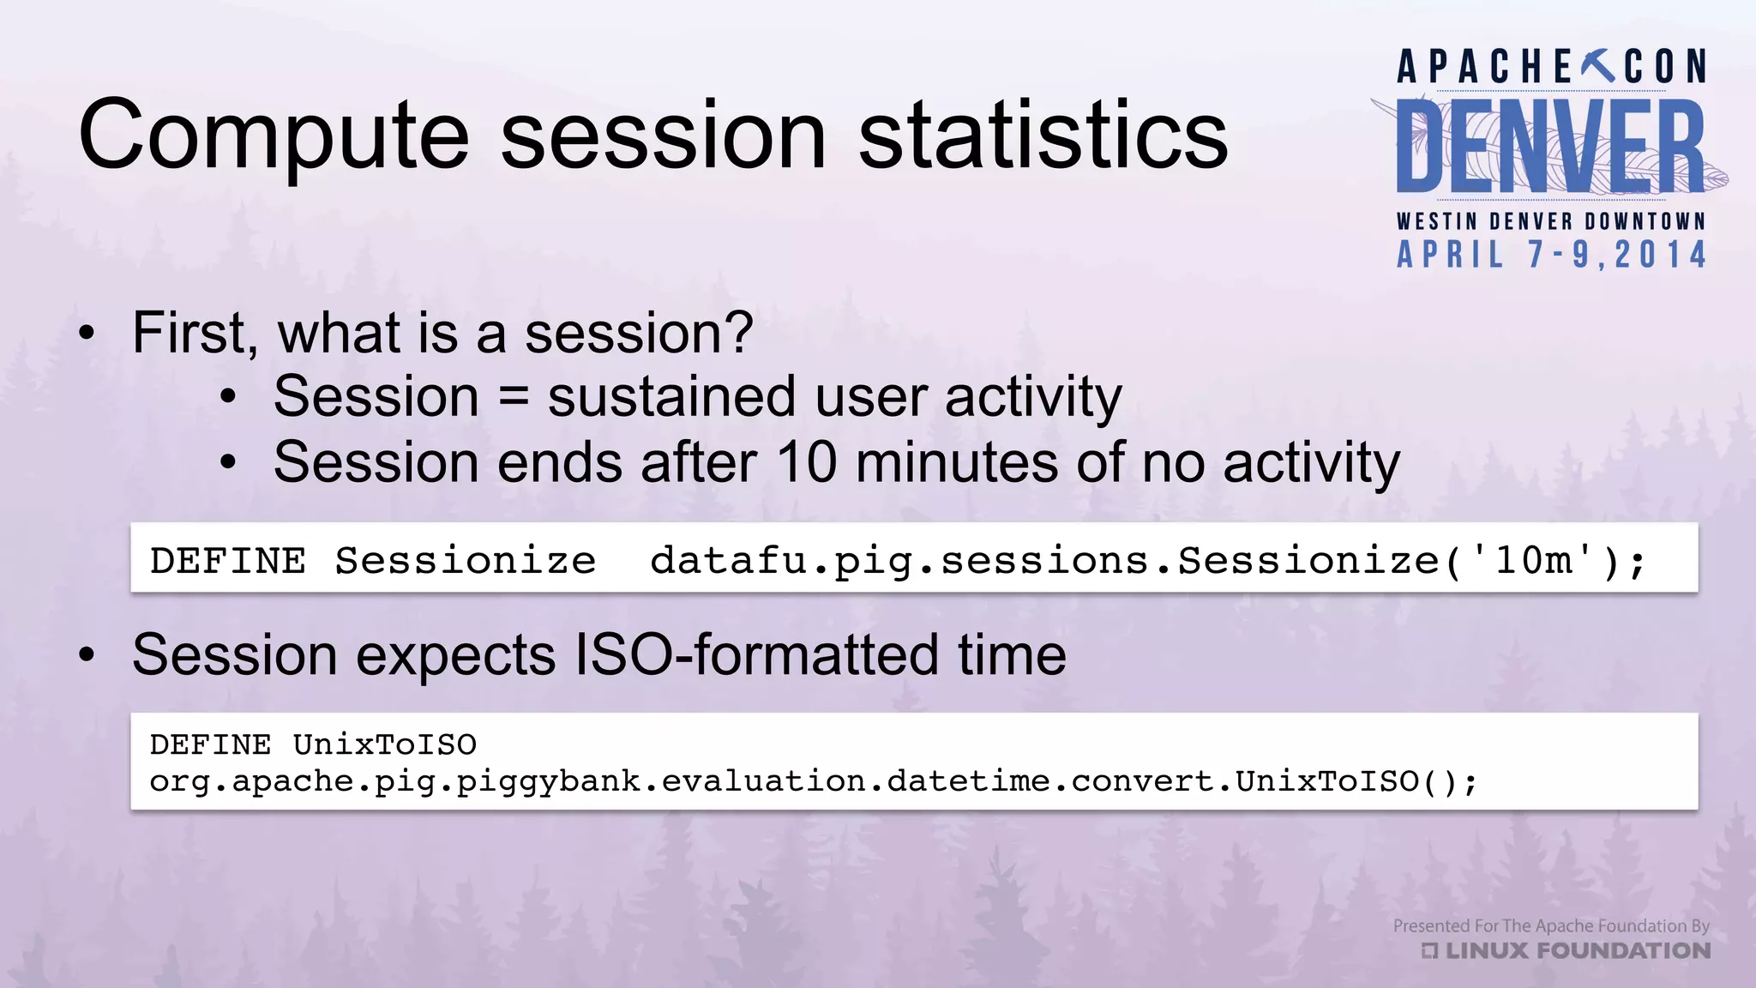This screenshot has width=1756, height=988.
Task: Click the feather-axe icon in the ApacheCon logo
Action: (x=1598, y=66)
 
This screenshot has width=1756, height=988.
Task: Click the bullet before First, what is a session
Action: (x=87, y=334)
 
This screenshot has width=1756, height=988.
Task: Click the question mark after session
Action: (x=739, y=333)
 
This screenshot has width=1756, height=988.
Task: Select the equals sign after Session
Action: (x=514, y=398)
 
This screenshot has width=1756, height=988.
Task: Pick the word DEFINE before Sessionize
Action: (x=227, y=561)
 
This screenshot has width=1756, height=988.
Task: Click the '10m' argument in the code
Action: (x=1532, y=561)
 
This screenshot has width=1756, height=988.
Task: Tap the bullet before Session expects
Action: (x=87, y=656)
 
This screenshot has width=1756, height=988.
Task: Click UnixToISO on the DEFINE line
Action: (x=384, y=744)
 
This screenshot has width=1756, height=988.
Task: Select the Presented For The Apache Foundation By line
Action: (x=1550, y=926)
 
